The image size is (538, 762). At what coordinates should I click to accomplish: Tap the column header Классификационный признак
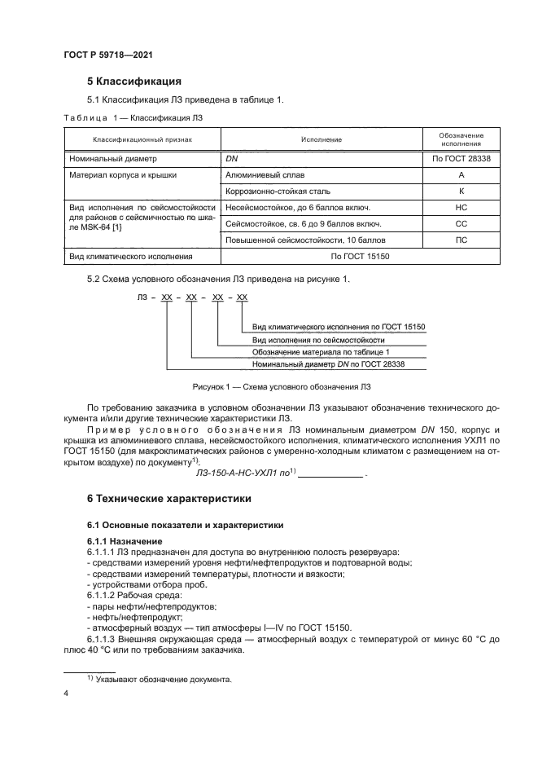pyautogui.click(x=142, y=139)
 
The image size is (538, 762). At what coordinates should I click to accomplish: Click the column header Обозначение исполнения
pyautogui.click(x=461, y=139)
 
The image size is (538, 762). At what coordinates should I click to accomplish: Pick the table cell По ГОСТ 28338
pyautogui.click(x=461, y=159)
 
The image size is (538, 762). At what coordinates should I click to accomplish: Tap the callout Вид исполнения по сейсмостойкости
pyautogui.click(x=317, y=339)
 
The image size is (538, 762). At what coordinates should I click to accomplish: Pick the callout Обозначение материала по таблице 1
pyautogui.click(x=321, y=351)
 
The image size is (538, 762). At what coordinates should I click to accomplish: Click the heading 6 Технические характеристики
pyautogui.click(x=169, y=498)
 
